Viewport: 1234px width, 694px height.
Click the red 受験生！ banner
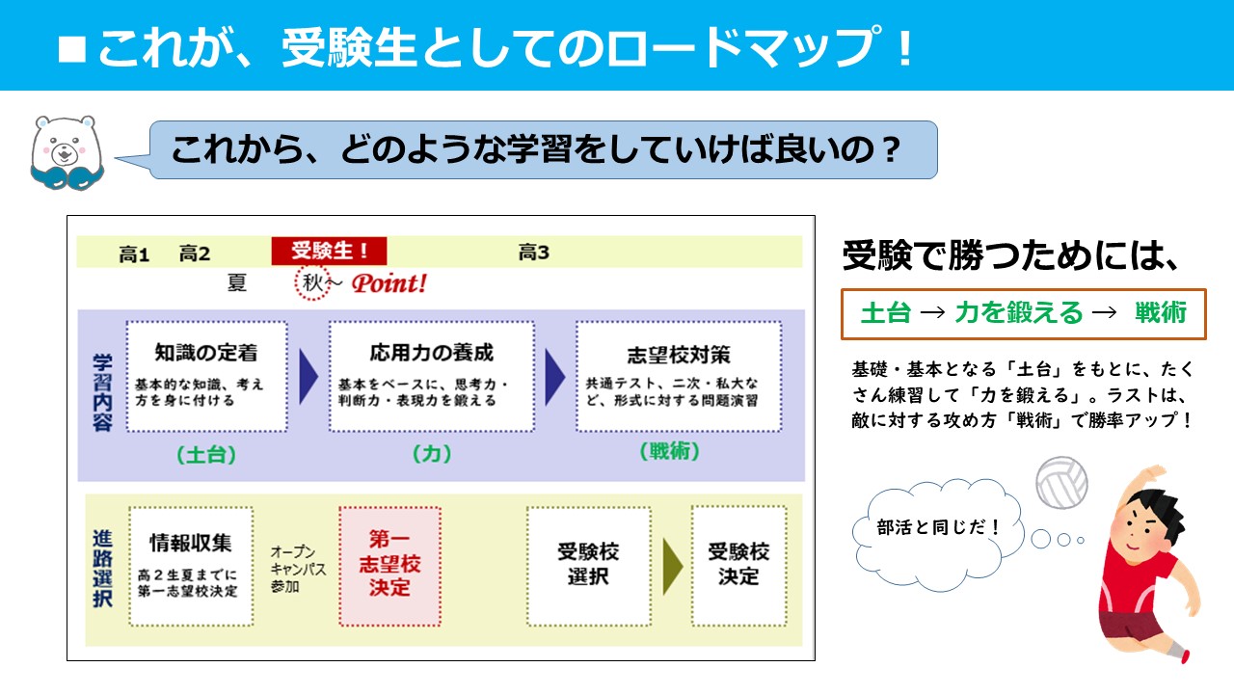click(329, 252)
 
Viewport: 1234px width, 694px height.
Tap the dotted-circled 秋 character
click(312, 283)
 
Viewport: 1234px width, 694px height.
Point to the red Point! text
click(389, 283)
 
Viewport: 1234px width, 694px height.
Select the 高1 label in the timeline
click(134, 254)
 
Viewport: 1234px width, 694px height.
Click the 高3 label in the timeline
click(533, 253)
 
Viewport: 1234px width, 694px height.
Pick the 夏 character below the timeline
click(237, 282)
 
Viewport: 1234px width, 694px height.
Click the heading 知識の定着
click(206, 353)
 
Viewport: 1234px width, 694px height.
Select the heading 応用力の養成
click(431, 353)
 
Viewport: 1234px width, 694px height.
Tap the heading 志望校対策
click(679, 355)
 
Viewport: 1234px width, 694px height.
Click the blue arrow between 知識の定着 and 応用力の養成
click(308, 377)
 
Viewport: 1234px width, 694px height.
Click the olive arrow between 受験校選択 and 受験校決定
click(673, 567)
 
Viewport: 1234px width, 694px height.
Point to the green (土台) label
click(206, 455)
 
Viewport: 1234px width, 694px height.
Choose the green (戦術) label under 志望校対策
click(669, 452)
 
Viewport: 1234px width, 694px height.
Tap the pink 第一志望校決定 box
click(390, 566)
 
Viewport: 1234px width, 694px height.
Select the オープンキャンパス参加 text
click(298, 569)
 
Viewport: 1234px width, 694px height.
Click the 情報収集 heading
click(191, 543)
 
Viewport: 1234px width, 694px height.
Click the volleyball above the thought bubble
click(1061, 483)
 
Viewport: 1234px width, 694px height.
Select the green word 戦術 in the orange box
click(1160, 313)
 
